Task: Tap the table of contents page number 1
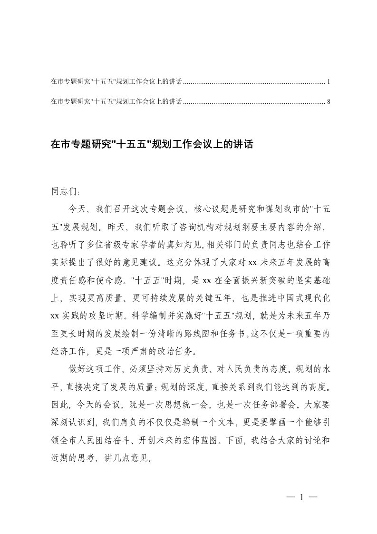tap(329, 82)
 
